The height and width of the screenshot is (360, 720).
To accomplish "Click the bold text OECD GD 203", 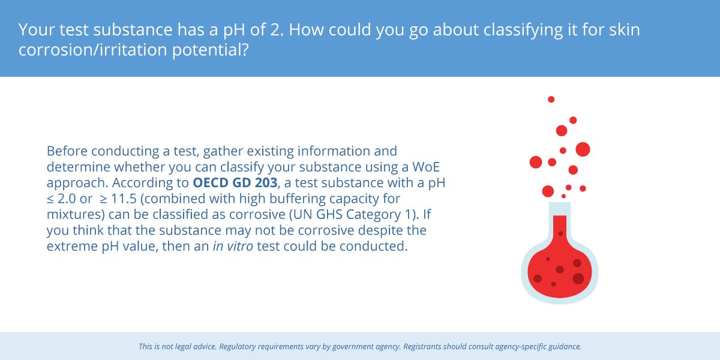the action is click(x=235, y=182).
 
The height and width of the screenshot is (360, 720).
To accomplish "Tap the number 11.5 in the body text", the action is click(x=124, y=199).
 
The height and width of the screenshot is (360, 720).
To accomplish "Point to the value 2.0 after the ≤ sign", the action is click(x=67, y=199).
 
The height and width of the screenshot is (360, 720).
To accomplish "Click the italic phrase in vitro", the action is click(x=233, y=246).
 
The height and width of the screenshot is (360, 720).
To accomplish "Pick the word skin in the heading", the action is click(x=625, y=29).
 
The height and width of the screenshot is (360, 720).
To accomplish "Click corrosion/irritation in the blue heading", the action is click(x=92, y=50).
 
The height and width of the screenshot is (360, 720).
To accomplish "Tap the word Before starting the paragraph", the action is click(x=67, y=151).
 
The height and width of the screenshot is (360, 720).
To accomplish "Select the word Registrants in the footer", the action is click(x=422, y=347).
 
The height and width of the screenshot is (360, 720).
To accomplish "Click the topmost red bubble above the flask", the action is click(x=551, y=100).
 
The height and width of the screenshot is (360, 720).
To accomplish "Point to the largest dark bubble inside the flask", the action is click(x=578, y=278).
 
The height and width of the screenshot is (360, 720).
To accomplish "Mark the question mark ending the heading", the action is click(x=245, y=50).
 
